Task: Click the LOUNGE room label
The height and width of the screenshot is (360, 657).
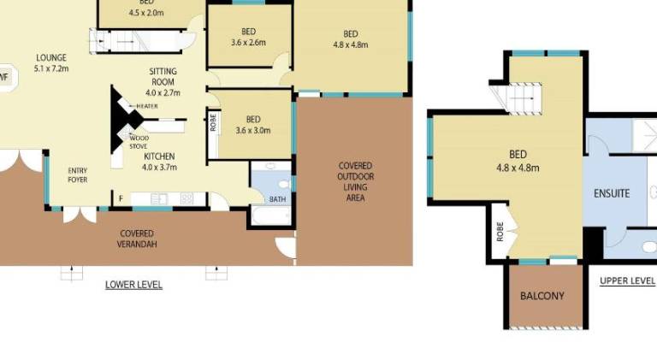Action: coord(51,58)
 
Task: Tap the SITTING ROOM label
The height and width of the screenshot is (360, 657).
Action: coord(163,77)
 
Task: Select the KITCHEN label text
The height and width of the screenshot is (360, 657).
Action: coord(159,156)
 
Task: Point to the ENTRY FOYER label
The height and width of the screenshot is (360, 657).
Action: coord(78,175)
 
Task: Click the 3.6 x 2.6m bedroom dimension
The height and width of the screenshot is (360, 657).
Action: coord(248,42)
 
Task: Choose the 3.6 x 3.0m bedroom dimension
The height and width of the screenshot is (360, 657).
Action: coord(253,130)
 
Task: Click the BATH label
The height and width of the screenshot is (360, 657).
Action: coord(277,199)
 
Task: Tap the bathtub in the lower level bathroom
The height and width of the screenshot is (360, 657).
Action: coord(271,215)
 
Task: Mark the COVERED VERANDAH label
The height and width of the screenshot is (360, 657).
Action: coord(137,239)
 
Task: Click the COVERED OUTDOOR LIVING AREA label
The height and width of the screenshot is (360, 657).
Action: coord(355,181)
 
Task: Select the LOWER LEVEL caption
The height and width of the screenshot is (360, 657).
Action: coord(133,285)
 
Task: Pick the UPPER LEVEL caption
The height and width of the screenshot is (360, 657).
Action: coord(627,280)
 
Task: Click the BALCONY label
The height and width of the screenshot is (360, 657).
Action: coord(542,296)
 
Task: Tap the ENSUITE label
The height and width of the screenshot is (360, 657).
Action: coord(612,193)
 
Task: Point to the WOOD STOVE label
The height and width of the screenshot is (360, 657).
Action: coord(139,142)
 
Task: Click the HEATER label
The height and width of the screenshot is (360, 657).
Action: coord(147,106)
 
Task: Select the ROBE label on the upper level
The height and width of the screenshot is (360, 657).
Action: coord(500,232)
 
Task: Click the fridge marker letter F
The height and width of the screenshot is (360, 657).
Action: coord(121,198)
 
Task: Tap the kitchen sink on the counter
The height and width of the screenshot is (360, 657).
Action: coord(159,199)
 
